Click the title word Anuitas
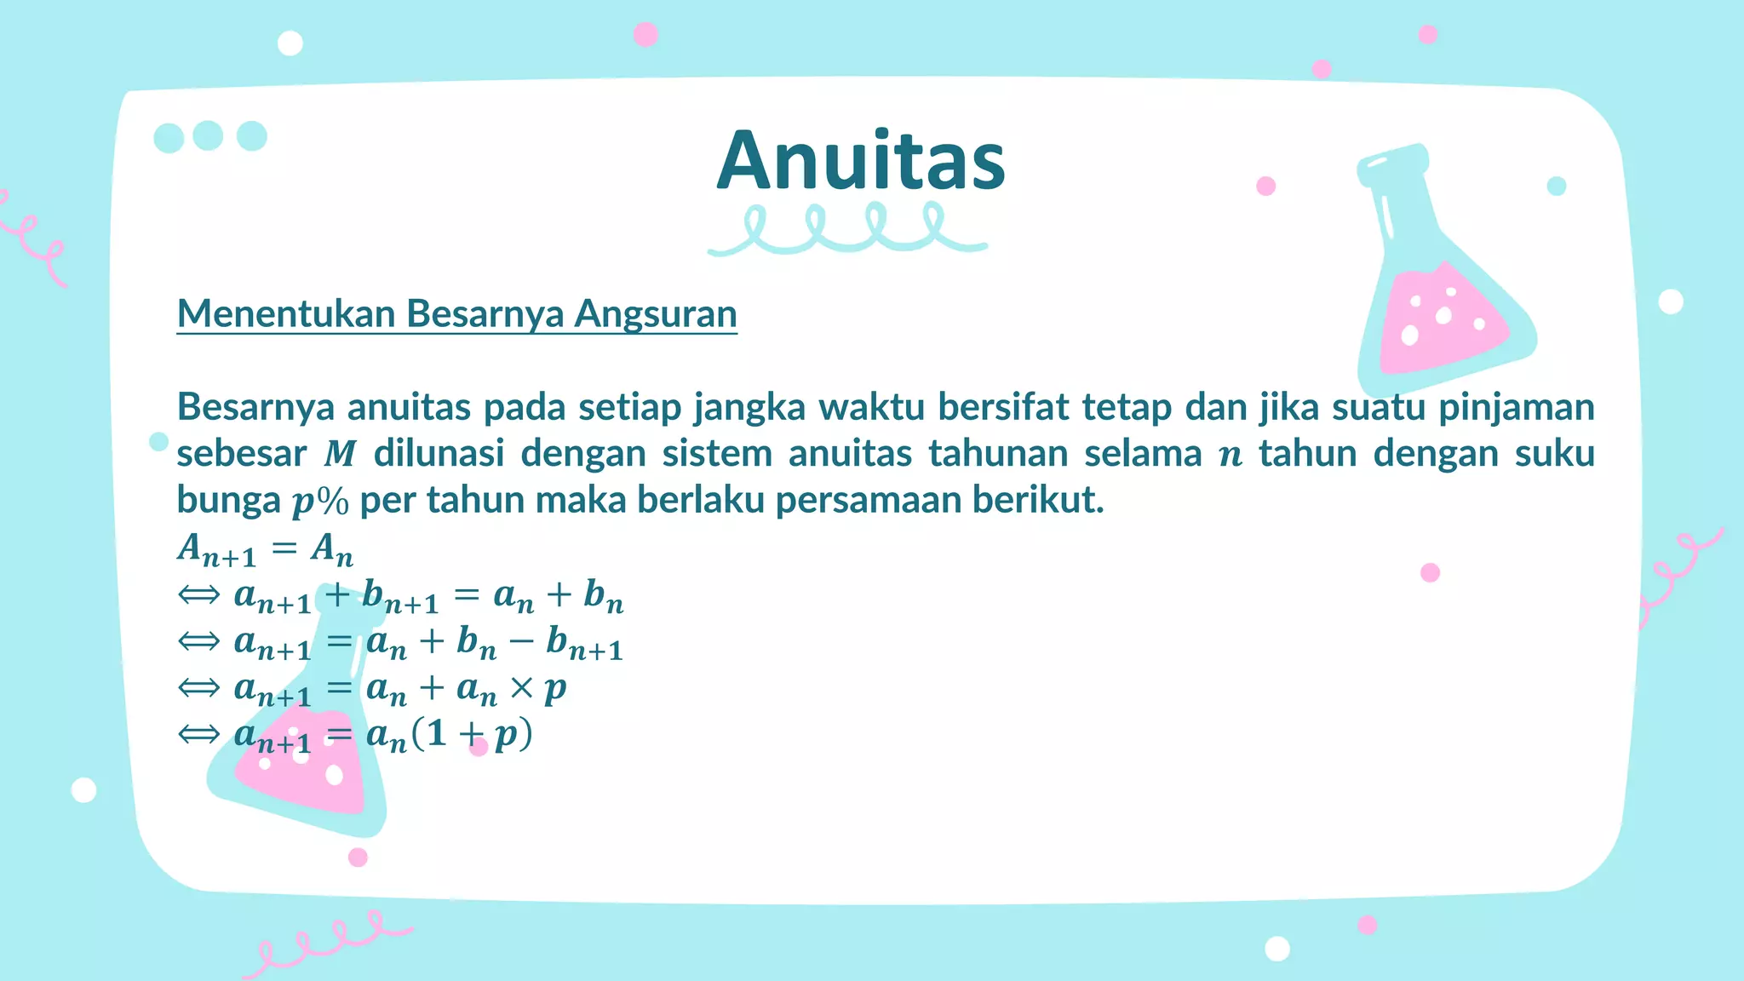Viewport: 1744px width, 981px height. click(861, 162)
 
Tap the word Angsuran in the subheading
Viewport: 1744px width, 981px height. click(655, 313)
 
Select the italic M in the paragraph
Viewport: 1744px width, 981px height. click(340, 454)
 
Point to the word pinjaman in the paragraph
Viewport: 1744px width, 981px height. click(1516, 407)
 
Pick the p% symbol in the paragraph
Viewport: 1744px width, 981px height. click(320, 502)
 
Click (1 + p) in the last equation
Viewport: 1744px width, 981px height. click(471, 734)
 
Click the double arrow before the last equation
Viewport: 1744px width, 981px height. click(199, 734)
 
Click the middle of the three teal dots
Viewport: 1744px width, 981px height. click(208, 135)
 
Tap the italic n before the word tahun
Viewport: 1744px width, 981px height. click(1231, 456)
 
